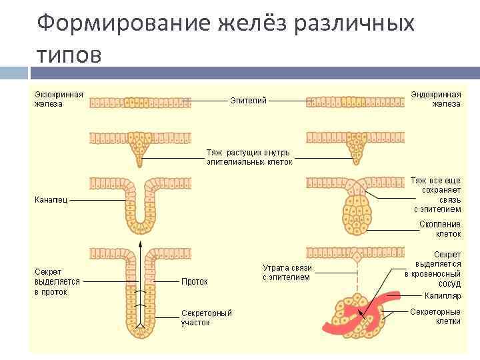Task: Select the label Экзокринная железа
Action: [x=59, y=99]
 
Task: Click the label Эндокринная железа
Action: [x=437, y=99]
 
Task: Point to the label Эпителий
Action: [x=249, y=101]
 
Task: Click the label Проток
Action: [x=195, y=281]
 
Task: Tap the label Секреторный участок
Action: [x=207, y=317]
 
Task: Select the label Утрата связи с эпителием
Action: [x=287, y=272]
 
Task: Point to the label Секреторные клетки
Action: [x=435, y=316]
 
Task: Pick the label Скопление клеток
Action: [x=440, y=229]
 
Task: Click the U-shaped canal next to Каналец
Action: [x=140, y=207]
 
